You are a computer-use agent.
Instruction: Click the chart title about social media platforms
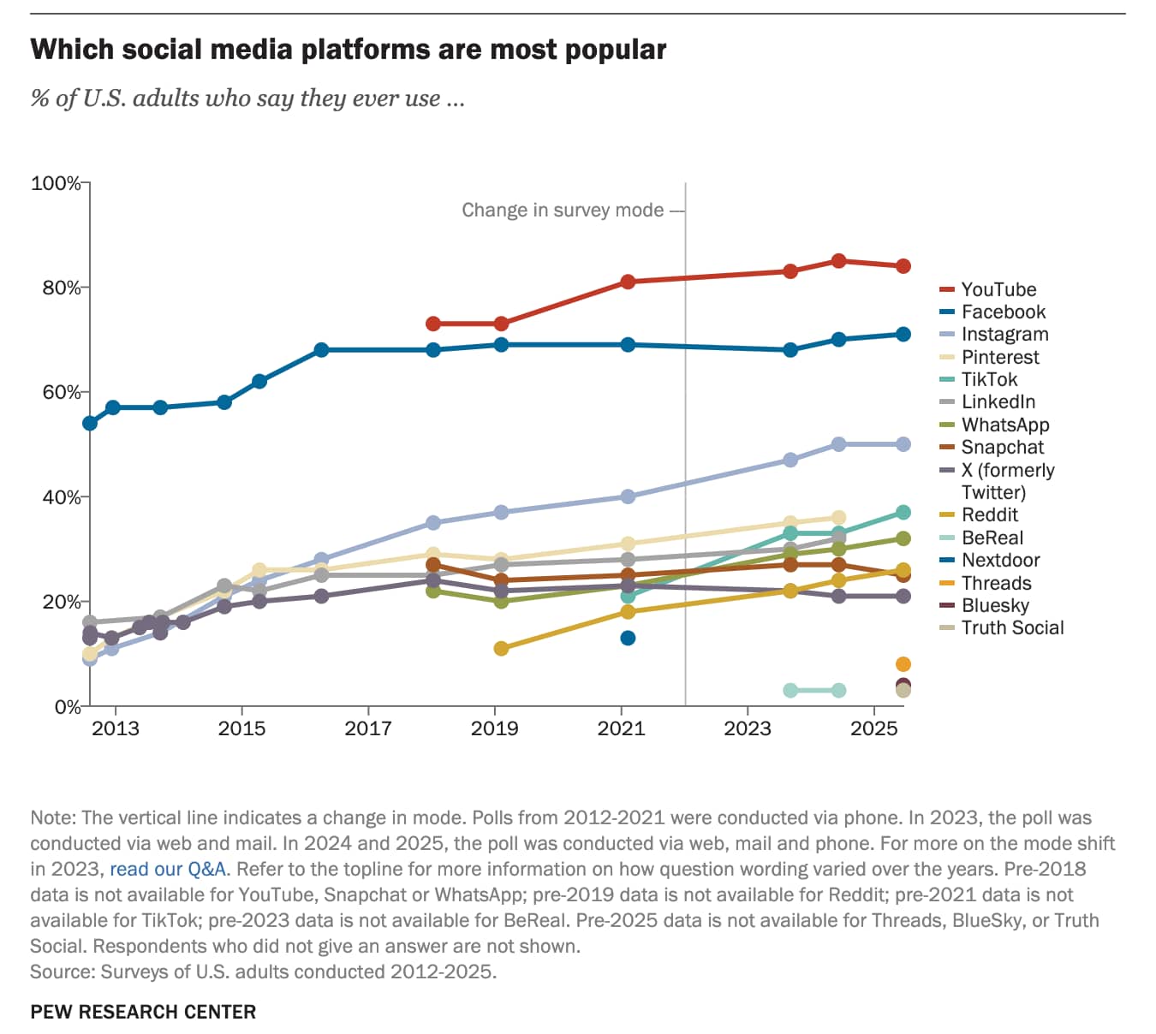click(348, 50)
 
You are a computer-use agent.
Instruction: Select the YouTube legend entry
click(998, 289)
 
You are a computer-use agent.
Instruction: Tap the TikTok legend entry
click(989, 379)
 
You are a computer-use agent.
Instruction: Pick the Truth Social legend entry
click(1011, 627)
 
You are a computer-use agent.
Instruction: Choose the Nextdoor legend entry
click(1000, 560)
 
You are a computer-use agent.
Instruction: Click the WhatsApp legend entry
click(1004, 425)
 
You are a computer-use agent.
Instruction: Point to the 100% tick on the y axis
click(56, 183)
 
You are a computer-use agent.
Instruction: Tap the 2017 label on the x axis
click(368, 728)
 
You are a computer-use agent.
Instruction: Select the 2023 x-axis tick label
click(748, 728)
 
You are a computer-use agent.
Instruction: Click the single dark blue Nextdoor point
click(628, 638)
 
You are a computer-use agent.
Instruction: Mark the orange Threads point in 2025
click(903, 664)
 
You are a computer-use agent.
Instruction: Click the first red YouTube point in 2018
click(433, 324)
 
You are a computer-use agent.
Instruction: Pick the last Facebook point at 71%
click(903, 335)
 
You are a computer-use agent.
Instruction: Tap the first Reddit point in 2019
click(501, 649)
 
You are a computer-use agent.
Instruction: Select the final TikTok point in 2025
click(903, 512)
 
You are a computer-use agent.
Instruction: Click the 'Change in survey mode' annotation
click(563, 210)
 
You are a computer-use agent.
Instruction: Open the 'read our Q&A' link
click(168, 869)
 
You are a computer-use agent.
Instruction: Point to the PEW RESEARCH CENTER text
click(143, 1012)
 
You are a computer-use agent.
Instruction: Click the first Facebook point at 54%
click(90, 423)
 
